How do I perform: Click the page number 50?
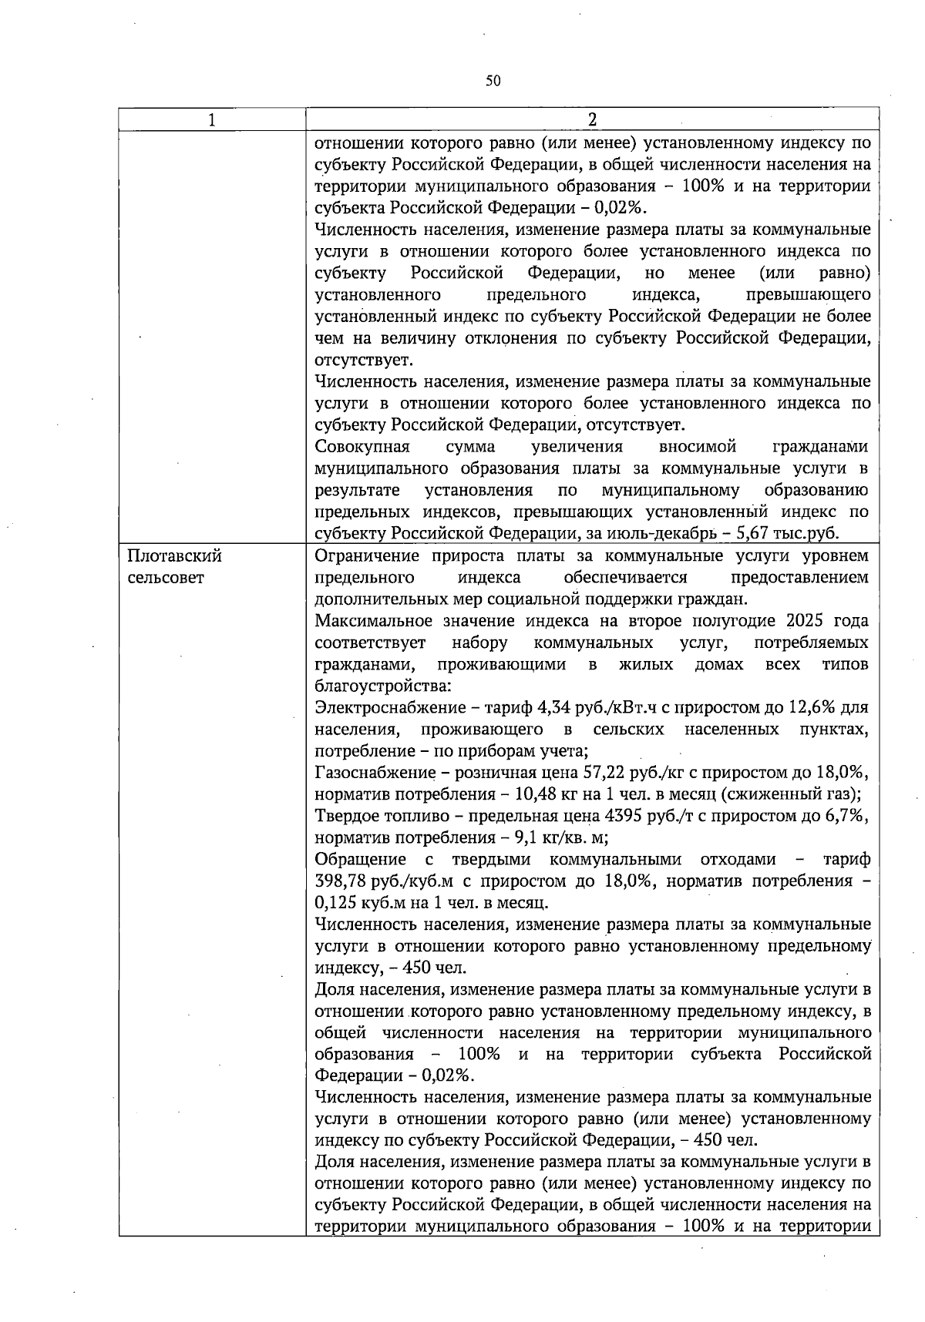click(x=493, y=81)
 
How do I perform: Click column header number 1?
click(x=212, y=119)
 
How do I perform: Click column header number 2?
click(x=592, y=119)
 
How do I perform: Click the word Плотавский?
click(x=174, y=556)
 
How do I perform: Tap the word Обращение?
click(x=360, y=860)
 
